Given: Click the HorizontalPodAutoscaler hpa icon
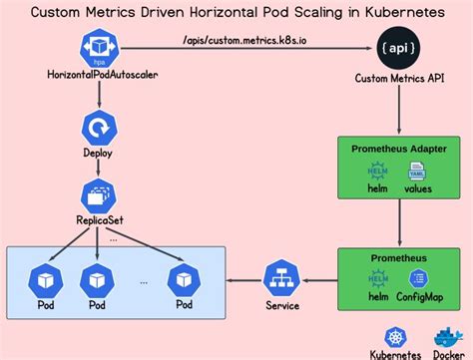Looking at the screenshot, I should point(98,50).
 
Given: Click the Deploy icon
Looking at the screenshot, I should point(98,128).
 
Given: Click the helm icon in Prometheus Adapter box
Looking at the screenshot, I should point(377,172).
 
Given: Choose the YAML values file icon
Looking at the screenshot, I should point(416,172).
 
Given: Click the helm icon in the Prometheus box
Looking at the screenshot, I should point(377,276).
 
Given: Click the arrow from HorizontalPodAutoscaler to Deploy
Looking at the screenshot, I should point(98,95).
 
